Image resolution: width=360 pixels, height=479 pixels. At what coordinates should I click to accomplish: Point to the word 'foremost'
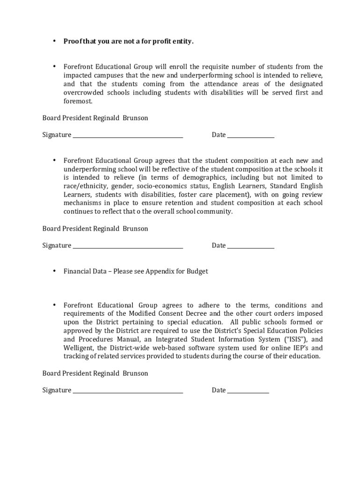78,101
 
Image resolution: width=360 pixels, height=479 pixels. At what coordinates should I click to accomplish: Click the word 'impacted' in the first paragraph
78,75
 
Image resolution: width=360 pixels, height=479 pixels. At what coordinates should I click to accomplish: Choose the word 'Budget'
198,271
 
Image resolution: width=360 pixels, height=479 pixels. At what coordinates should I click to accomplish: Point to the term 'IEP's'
301,348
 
